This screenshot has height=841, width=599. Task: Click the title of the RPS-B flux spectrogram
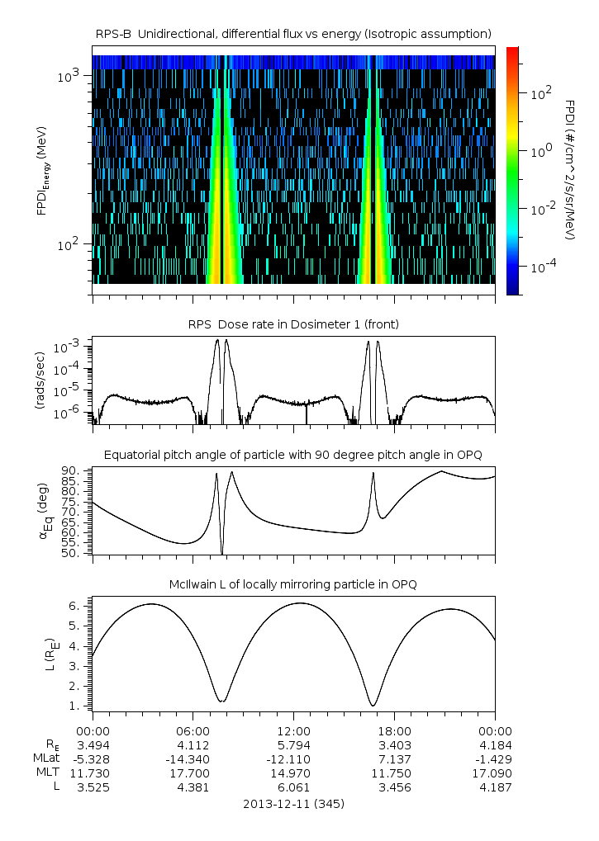[293, 33]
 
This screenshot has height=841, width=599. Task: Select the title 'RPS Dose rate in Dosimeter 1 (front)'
[293, 324]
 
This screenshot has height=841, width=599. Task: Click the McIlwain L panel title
[293, 584]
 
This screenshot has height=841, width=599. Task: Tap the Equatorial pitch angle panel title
[293, 455]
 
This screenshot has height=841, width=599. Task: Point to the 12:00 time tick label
[293, 730]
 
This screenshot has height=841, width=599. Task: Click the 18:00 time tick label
[394, 730]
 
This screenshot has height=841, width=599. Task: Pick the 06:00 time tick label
[193, 730]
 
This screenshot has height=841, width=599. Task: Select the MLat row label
[46, 758]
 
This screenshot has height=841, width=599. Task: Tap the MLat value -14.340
[193, 758]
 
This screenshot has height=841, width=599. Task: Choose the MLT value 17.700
[193, 772]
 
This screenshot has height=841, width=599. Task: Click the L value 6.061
[293, 787]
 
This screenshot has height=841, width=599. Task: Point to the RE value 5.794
[293, 744]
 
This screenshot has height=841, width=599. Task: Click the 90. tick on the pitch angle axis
[73, 470]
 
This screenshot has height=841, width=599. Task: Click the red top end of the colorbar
[513, 51]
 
